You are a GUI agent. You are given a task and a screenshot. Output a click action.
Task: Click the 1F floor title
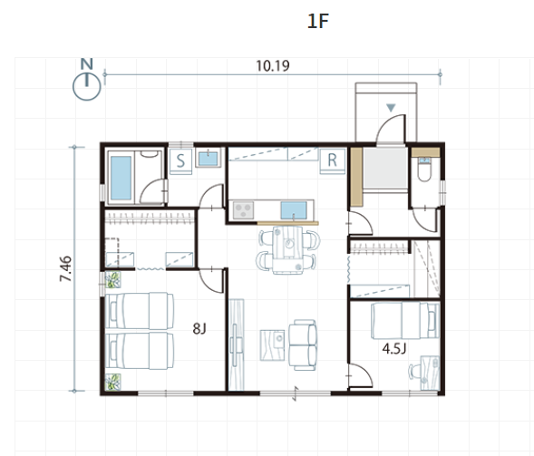317,21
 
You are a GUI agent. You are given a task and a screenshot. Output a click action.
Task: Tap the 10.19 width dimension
273,66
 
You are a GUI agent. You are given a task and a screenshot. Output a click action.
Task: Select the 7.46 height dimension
65,268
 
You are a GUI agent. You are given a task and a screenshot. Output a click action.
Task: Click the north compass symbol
87,80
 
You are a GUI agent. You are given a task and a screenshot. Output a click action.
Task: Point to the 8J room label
199,329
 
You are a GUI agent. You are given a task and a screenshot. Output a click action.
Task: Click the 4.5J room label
394,349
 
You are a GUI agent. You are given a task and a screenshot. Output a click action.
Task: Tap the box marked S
180,161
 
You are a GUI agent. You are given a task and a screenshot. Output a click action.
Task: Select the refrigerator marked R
332,160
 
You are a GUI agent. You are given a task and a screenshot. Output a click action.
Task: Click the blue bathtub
121,178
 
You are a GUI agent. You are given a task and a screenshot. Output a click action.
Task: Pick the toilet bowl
424,170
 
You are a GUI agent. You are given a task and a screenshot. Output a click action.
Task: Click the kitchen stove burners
243,210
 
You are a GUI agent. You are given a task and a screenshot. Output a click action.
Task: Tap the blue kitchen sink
294,210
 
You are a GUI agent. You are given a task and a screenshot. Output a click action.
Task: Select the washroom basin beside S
209,159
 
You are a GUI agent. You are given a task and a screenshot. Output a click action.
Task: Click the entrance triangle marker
391,108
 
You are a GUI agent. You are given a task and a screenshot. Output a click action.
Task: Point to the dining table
287,249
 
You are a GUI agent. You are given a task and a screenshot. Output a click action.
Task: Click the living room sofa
303,344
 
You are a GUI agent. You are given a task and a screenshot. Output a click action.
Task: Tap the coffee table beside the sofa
272,344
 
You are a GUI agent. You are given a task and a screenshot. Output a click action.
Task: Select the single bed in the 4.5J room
405,321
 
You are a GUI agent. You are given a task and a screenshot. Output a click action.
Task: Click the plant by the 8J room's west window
112,279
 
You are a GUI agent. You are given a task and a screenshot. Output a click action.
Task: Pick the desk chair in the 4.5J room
414,371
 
